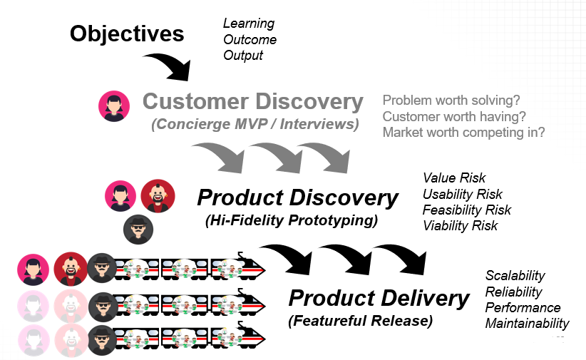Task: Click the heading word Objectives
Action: (127, 33)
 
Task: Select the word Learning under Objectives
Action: (249, 24)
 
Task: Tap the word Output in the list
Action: (243, 55)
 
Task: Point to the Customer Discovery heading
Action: (253, 101)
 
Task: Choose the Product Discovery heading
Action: (297, 197)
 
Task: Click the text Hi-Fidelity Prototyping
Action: (291, 220)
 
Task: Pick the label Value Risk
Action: (454, 178)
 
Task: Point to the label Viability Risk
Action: (460, 225)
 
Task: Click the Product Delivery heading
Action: (379, 298)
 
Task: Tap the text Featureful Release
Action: (360, 321)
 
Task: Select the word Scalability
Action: (515, 275)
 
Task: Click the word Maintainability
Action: (527, 324)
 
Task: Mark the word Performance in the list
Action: (523, 307)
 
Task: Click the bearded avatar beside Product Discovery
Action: (158, 195)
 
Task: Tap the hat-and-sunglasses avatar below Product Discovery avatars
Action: (138, 229)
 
